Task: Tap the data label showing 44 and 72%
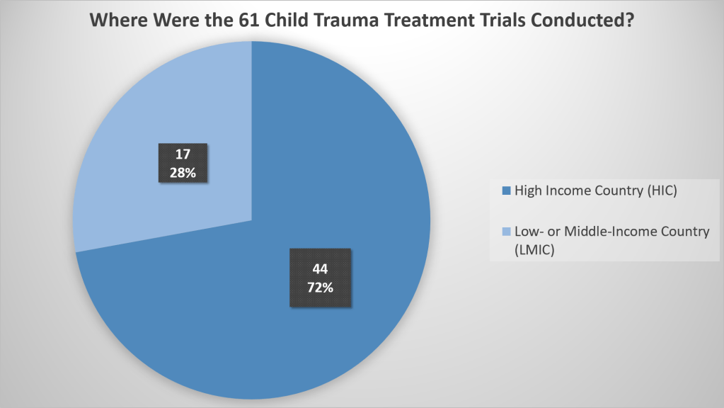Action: pos(321,278)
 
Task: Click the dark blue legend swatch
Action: pos(505,191)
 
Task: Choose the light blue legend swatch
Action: pos(505,232)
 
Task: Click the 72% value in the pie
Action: pos(321,288)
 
